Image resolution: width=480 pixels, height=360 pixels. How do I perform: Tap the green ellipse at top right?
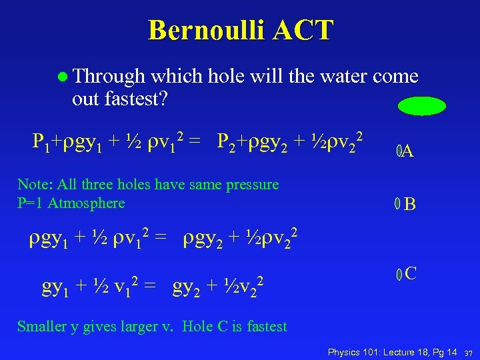point(421,106)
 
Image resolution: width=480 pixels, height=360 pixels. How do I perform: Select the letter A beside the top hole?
point(408,152)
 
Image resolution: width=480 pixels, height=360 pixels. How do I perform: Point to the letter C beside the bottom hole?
point(411,273)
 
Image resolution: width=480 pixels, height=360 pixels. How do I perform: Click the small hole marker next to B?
point(397,204)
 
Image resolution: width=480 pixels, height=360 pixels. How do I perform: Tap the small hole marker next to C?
point(399,273)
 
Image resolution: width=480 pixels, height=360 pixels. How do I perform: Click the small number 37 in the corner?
point(469,352)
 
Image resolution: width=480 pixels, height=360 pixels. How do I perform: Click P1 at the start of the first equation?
point(40,141)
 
